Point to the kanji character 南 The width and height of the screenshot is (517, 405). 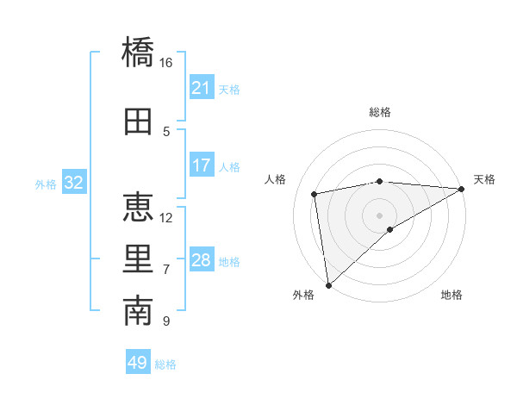click(x=138, y=312)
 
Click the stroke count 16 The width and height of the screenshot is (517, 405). click(x=166, y=63)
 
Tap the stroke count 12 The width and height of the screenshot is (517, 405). click(x=166, y=217)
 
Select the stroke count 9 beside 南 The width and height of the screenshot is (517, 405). click(x=166, y=321)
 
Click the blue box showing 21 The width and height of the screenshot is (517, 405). click(x=202, y=88)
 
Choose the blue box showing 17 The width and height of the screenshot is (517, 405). click(x=202, y=165)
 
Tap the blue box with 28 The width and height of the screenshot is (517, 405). click(x=202, y=260)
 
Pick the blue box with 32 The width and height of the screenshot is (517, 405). click(x=74, y=183)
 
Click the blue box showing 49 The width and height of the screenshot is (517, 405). click(x=138, y=363)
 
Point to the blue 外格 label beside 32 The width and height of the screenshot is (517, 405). click(x=45, y=184)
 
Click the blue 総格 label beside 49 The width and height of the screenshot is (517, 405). click(x=165, y=364)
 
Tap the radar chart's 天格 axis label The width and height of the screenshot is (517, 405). click(x=484, y=179)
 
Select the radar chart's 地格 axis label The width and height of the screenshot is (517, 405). click(x=452, y=296)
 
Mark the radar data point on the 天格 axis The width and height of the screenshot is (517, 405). click(x=462, y=189)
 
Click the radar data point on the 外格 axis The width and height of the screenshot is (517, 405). click(x=328, y=283)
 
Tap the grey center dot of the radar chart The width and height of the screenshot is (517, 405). click(x=379, y=214)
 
